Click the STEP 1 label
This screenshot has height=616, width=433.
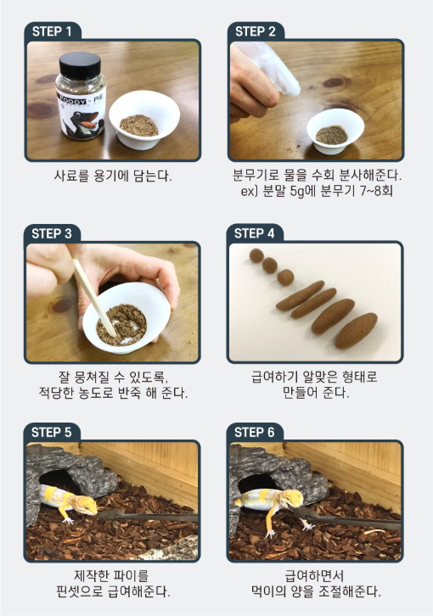(52, 31)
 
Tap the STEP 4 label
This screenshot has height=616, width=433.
(254, 233)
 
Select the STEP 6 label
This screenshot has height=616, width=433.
(254, 433)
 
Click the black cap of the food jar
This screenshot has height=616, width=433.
(80, 64)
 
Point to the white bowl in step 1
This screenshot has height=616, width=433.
(144, 120)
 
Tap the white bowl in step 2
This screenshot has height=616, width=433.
(335, 131)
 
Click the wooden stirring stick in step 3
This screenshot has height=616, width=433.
(95, 298)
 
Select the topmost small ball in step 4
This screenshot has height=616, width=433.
(256, 255)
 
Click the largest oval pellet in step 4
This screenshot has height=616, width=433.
(356, 331)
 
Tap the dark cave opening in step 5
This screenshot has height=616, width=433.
(58, 480)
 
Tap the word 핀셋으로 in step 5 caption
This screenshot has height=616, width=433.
(80, 591)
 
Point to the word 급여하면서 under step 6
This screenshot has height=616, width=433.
(315, 576)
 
